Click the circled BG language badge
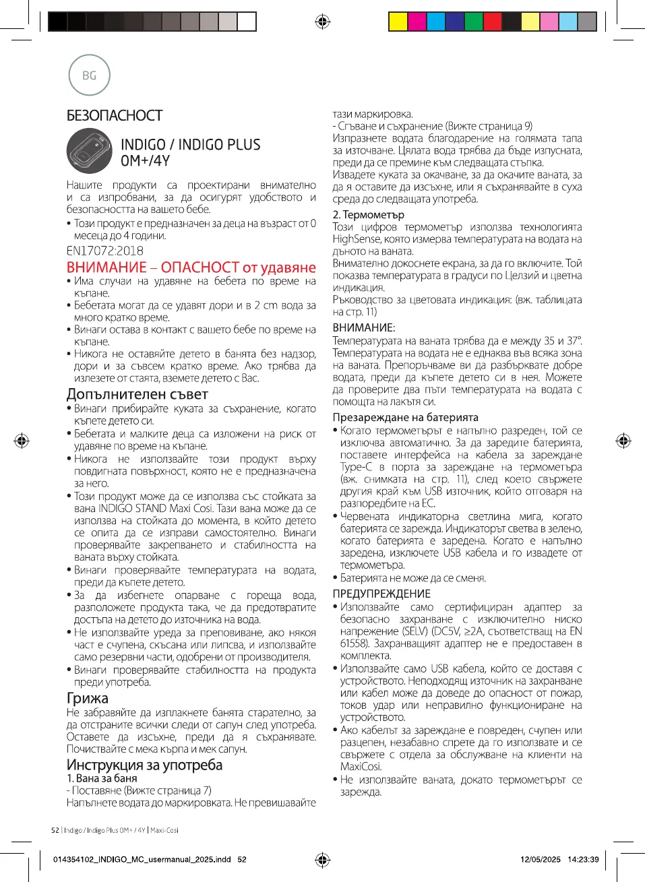coord(89,75)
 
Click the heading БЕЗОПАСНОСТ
coord(115,116)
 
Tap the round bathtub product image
coord(90,151)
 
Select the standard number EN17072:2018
coord(104,251)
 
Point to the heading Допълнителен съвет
coord(137,394)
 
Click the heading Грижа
coord(87,698)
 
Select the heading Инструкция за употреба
coord(144,765)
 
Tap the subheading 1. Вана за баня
coord(102,778)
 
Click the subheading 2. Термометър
coord(368,214)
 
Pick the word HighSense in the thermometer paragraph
coord(357,239)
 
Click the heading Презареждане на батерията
coord(405,417)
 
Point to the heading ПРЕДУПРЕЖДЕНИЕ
coord(381,594)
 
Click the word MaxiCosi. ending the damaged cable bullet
coord(361,767)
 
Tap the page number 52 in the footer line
coord(55,830)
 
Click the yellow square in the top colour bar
coord(398,22)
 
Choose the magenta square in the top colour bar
coord(417,22)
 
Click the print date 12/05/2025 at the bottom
coord(540,859)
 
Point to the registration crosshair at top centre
coord(323,22)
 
